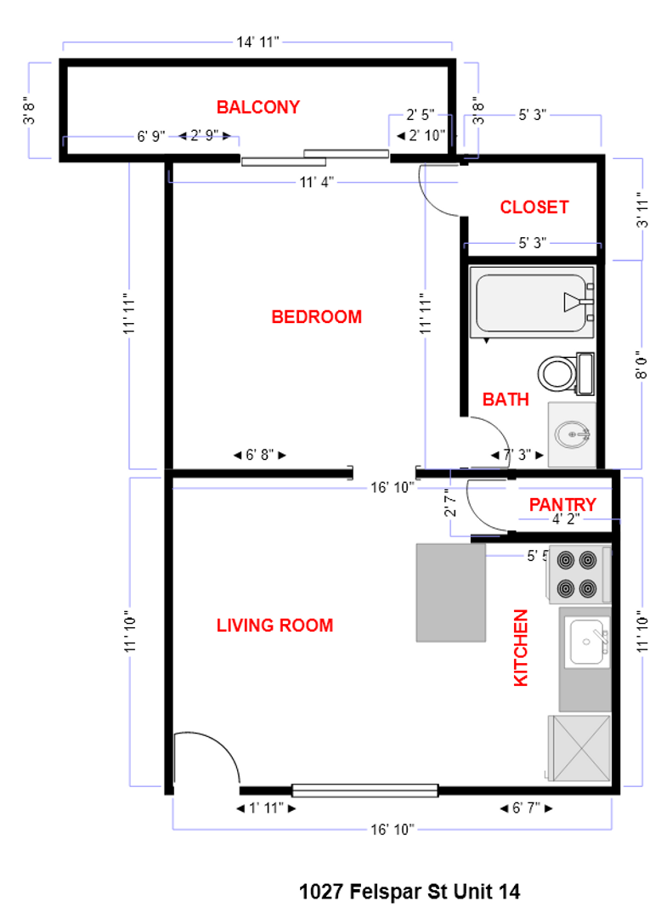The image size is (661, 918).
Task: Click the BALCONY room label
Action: (x=257, y=107)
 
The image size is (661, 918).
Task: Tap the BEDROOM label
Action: (x=316, y=317)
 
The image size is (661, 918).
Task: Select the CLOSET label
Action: (x=534, y=207)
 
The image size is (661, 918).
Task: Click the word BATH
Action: (x=506, y=399)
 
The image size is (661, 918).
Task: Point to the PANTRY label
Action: (x=562, y=505)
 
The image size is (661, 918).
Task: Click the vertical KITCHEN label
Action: (x=521, y=648)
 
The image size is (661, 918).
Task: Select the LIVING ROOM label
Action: (x=274, y=626)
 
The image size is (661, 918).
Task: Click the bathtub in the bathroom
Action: (x=532, y=303)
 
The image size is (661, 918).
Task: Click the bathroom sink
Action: (x=572, y=434)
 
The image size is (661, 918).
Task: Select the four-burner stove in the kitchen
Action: (x=578, y=574)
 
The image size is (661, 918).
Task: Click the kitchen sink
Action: (x=586, y=643)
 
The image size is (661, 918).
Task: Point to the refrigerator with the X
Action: (x=580, y=747)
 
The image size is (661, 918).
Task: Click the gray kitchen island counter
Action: (x=449, y=592)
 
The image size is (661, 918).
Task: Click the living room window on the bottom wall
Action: (x=364, y=790)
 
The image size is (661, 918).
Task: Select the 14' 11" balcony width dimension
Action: (x=257, y=42)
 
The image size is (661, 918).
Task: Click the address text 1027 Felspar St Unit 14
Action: (x=410, y=892)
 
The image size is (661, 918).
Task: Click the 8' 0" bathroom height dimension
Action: (x=642, y=364)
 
